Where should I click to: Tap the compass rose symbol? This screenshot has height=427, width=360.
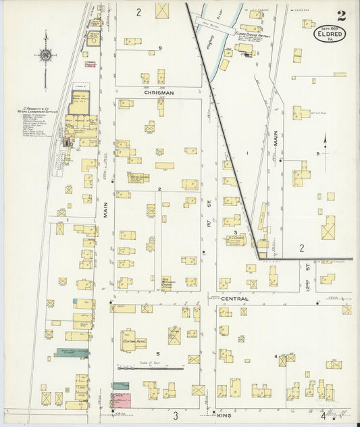(45, 54)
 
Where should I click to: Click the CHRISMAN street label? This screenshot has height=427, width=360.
(159, 93)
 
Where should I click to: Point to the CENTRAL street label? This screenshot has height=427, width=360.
(234, 299)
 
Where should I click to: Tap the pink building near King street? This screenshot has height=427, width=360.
(122, 399)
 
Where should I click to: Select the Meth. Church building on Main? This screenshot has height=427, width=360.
(138, 177)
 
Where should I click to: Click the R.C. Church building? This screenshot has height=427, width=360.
(236, 239)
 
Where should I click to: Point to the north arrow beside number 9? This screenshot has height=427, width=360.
(326, 145)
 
